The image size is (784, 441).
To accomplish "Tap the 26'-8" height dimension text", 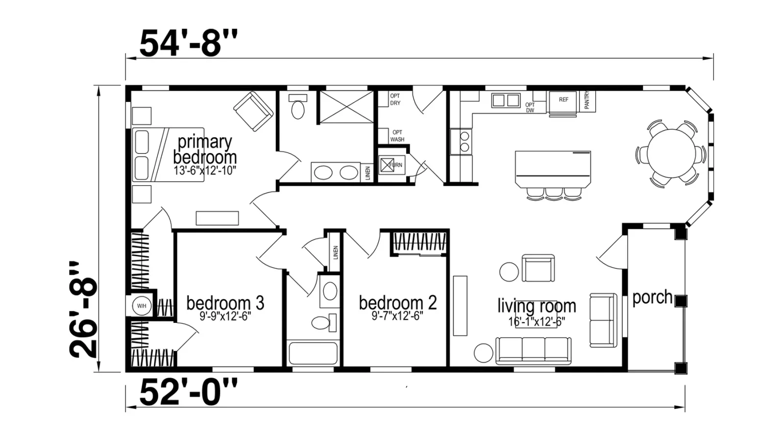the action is click(x=84, y=310).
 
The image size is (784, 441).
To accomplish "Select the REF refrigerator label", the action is click(x=563, y=100).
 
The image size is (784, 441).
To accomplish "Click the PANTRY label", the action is click(x=587, y=100).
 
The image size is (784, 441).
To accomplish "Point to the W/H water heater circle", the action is click(x=142, y=306).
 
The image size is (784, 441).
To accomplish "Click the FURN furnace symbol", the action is click(x=392, y=165).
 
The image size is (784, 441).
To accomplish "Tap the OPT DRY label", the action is click(x=395, y=99).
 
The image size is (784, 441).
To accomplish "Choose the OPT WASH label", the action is click(x=397, y=136).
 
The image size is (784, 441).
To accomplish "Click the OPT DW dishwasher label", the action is click(x=530, y=107).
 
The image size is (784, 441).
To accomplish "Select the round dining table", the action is click(x=671, y=153).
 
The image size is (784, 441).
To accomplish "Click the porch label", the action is click(x=652, y=297).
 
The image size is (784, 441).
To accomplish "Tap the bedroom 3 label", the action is click(x=225, y=303).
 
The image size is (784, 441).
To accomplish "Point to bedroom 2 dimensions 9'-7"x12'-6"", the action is click(x=397, y=317).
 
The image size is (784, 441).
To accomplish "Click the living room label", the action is click(x=537, y=306).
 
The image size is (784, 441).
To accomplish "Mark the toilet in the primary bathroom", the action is click(x=298, y=106).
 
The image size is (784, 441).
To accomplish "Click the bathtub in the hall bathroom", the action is click(x=313, y=353).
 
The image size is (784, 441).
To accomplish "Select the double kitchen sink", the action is click(x=506, y=100).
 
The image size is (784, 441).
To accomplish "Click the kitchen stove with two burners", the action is click(x=461, y=142).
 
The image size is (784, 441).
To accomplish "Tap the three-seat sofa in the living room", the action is click(x=534, y=350).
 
